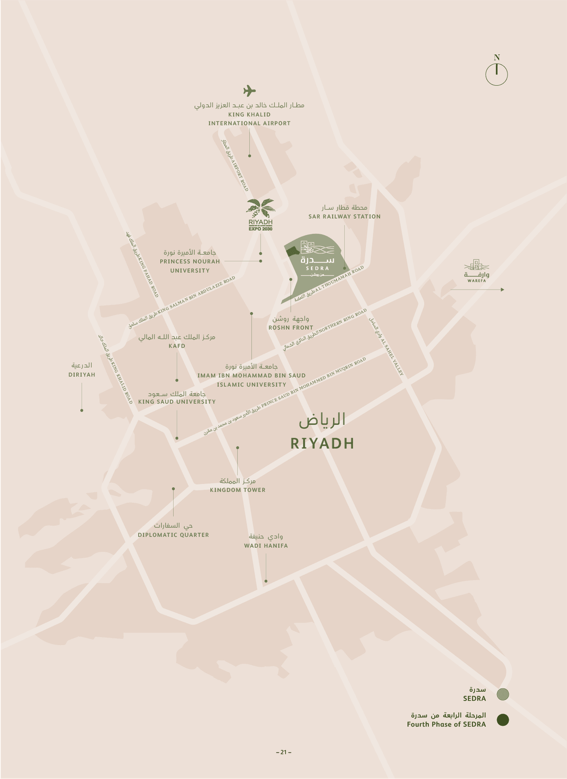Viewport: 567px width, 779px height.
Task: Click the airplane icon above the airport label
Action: point(249,91)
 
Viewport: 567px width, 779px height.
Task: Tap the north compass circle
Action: point(497,75)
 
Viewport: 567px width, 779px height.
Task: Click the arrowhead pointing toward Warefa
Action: point(502,290)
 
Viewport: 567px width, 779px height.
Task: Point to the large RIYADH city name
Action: point(322,443)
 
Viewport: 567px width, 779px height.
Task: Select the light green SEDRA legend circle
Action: point(503,694)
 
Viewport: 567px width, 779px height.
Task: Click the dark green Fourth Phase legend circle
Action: point(503,720)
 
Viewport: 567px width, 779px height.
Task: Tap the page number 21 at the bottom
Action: point(283,752)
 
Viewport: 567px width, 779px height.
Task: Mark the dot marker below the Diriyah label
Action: point(82,410)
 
